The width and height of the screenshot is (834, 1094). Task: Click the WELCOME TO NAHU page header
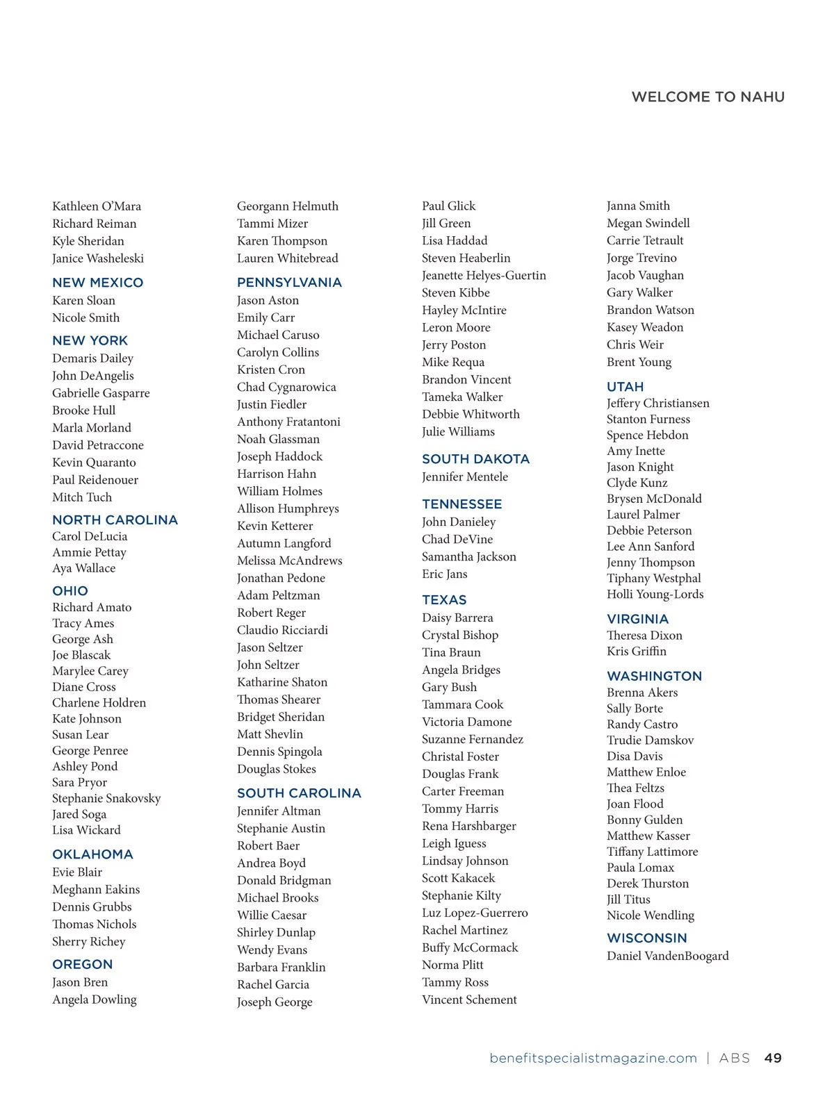click(708, 97)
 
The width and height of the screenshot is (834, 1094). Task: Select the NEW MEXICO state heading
click(98, 283)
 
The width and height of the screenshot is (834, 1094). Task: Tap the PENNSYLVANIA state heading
click(289, 283)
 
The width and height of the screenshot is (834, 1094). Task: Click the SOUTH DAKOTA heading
click(475, 459)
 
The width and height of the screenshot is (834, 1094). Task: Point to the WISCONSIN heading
click(646, 938)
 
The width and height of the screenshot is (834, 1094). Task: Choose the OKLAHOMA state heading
click(92, 854)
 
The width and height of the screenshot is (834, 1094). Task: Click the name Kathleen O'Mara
click(97, 206)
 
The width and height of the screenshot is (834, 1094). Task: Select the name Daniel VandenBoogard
click(667, 956)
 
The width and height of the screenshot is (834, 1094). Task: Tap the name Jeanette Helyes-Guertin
click(484, 276)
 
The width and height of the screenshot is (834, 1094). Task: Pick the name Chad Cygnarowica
click(286, 387)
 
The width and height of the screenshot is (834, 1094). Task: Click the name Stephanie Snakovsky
click(106, 798)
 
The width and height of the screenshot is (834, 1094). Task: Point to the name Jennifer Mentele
click(464, 477)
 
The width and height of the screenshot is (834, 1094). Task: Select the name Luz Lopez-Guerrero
click(475, 913)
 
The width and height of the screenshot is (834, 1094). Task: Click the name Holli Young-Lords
click(655, 595)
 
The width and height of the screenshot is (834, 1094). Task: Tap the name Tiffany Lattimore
click(652, 852)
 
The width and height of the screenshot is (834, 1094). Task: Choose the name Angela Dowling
click(95, 1000)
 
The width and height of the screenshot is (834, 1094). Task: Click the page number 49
click(773, 1059)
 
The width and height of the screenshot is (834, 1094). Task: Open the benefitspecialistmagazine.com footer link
click(593, 1059)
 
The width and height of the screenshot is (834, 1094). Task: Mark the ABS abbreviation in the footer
click(735, 1059)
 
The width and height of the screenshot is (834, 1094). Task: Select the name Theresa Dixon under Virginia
click(644, 636)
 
